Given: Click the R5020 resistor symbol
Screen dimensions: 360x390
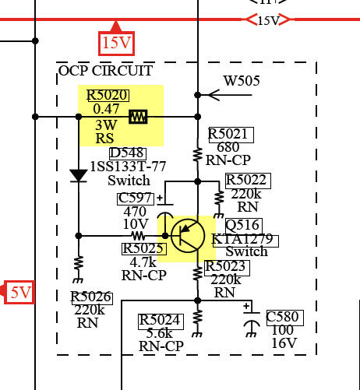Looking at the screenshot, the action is (x=138, y=117).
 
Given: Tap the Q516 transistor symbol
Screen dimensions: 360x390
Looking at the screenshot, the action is (x=188, y=236).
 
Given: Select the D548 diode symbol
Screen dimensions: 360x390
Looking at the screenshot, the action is (x=79, y=176).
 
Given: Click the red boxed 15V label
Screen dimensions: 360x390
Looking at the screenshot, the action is (x=116, y=43).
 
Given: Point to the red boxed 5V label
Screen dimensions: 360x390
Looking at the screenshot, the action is (x=19, y=292).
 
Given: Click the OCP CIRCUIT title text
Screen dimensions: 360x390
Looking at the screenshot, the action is (x=105, y=71).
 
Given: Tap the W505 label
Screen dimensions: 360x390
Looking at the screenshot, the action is (x=242, y=81).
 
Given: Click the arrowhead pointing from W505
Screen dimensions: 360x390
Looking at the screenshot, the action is (x=214, y=95).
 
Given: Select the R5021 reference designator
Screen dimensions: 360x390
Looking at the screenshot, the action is (x=231, y=135).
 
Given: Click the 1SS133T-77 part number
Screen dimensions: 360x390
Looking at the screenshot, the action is (x=128, y=167).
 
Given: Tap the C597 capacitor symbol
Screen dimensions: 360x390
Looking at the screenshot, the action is (x=165, y=210).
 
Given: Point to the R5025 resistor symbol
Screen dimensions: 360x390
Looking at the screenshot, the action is (x=138, y=236).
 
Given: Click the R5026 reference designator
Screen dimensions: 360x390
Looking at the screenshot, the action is (x=92, y=297).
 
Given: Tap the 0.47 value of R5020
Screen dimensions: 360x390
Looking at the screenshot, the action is (x=106, y=109).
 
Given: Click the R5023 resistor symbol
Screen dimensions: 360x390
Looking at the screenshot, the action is (x=198, y=273).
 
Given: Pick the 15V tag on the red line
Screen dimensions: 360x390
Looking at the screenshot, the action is (x=268, y=20).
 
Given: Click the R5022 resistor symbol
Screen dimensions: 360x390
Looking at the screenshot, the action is (x=219, y=199).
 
